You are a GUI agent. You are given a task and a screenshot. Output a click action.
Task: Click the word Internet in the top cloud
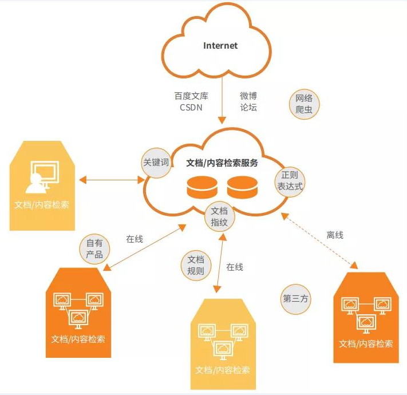pyautogui.click(x=220, y=46)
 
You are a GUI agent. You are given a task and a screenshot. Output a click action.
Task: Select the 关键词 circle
pyautogui.click(x=156, y=163)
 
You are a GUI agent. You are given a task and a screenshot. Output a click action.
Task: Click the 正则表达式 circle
pyautogui.click(x=290, y=181)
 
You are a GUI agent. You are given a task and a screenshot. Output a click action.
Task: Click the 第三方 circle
pyautogui.click(x=296, y=298)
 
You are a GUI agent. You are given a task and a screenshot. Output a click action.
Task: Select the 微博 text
pyautogui.click(x=248, y=96)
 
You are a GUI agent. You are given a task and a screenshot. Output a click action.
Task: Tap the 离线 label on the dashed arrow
pyautogui.click(x=335, y=235)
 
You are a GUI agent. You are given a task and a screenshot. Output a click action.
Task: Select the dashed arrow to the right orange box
pyautogui.click(x=321, y=240)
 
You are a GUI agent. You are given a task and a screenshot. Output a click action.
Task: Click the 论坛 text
pyautogui.click(x=248, y=107)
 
